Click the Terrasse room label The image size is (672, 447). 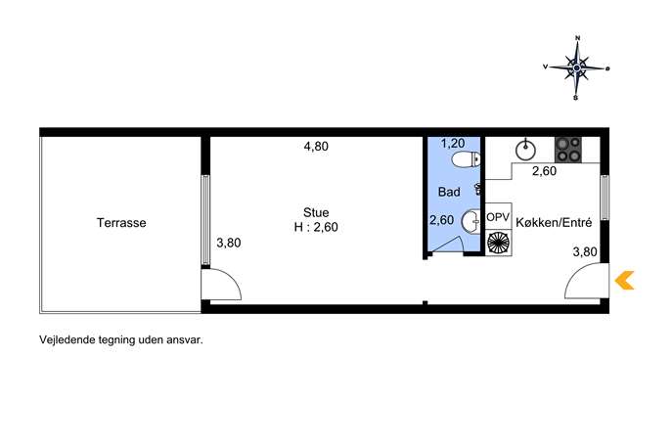tap(121, 223)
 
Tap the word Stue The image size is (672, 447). tap(316, 212)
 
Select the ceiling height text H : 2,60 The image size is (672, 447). tap(316, 227)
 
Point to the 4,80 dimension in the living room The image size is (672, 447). tap(316, 146)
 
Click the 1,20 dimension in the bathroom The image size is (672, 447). tap(453, 143)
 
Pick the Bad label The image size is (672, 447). tap(449, 192)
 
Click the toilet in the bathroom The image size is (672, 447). tap(467, 159)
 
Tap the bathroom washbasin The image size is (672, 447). tap(471, 222)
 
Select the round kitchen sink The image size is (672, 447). tap(525, 150)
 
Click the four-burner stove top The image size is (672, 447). tap(568, 150)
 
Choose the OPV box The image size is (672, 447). tap(498, 217)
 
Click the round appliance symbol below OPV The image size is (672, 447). tap(499, 243)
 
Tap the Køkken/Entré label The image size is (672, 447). tap(554, 222)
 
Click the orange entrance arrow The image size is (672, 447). tap(624, 281)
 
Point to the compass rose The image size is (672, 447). tap(577, 67)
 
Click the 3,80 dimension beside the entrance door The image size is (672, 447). tap(585, 251)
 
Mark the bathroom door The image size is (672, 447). tap(447, 246)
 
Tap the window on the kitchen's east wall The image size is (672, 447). tap(605, 198)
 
